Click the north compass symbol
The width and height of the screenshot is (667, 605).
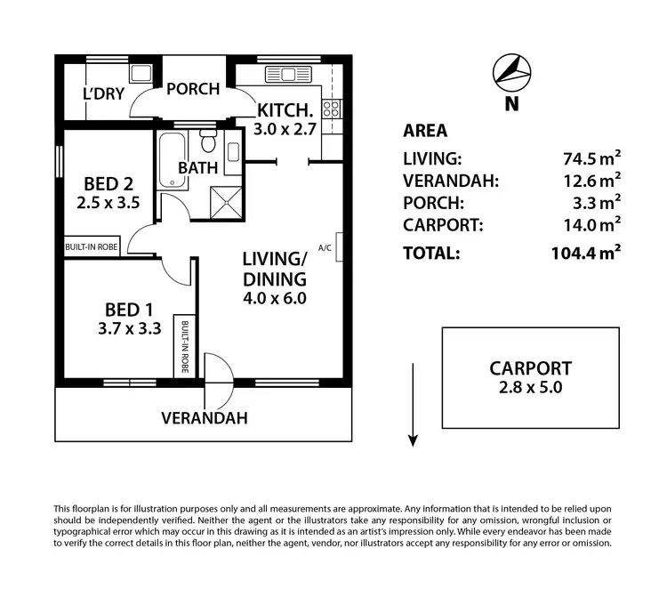coord(510,72)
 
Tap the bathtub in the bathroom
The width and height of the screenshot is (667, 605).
coord(170,160)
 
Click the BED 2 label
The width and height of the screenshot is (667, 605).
coord(108,184)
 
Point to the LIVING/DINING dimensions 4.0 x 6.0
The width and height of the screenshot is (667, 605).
coord(275,298)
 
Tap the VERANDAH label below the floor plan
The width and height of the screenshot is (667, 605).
coord(204,417)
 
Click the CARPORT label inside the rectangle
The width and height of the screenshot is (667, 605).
coord(530,367)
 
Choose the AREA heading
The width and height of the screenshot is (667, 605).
coord(425,131)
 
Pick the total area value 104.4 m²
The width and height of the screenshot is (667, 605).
coord(585,253)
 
